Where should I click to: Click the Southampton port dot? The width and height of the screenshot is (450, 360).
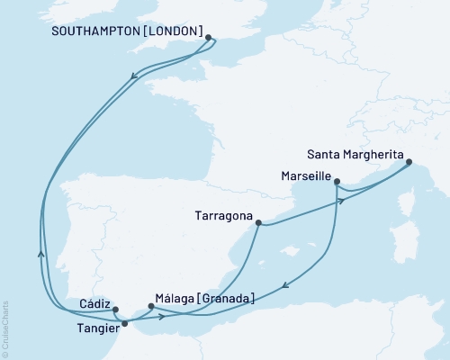(x=209, y=38)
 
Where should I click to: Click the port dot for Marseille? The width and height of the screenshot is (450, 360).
(x=337, y=182)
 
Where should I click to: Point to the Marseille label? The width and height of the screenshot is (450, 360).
(x=304, y=176)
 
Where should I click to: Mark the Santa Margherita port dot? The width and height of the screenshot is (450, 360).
(x=408, y=163)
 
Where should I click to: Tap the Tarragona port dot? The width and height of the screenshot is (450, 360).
(x=257, y=222)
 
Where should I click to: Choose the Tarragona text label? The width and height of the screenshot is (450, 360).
(x=222, y=216)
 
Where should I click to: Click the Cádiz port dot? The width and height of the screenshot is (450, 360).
(x=115, y=309)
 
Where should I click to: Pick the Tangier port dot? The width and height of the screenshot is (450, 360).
(x=137, y=323)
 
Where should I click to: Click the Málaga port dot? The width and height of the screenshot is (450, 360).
(x=150, y=306)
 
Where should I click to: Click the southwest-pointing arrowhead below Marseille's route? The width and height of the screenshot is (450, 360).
(x=285, y=287)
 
